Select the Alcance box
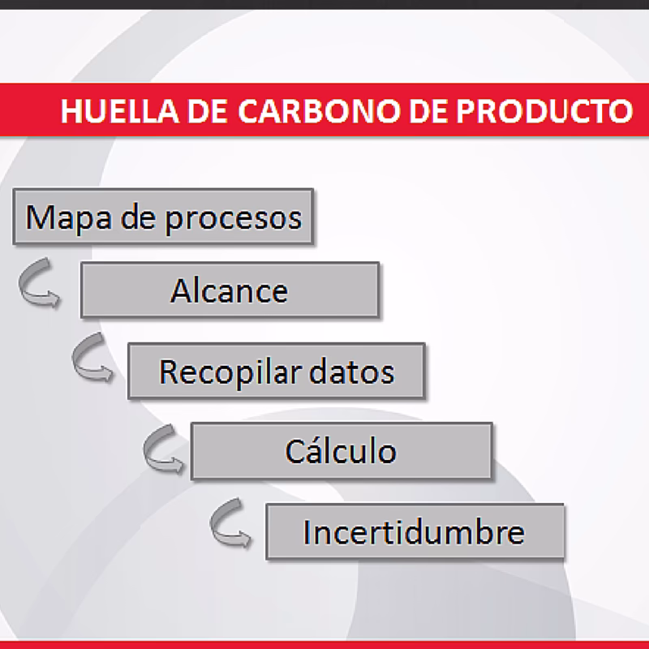(x=229, y=290)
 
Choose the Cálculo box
(x=341, y=450)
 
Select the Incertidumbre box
(x=415, y=532)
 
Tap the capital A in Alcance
(x=180, y=290)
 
